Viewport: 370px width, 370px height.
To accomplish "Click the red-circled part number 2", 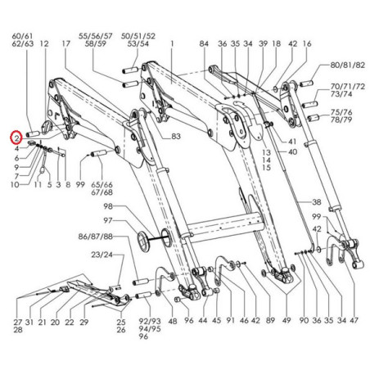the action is tap(16, 138).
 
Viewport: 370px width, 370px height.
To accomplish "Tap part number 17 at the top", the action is tap(66, 43).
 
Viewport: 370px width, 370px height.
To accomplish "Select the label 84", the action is tap(204, 43).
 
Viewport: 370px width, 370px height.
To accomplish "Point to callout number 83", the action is tap(176, 136).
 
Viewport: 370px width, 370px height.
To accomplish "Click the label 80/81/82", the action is tap(347, 65).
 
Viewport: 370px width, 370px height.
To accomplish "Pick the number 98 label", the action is tap(108, 206).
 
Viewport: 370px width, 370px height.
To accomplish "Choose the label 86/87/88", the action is tap(96, 237).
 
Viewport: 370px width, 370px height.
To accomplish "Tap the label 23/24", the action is tap(102, 255).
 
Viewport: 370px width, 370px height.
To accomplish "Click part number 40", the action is tap(292, 151).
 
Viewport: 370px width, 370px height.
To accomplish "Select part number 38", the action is tap(317, 202).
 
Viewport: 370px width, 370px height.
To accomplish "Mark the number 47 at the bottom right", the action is tap(354, 320).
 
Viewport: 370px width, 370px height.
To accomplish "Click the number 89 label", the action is tap(270, 320).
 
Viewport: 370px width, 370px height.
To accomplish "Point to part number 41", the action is tap(292, 142).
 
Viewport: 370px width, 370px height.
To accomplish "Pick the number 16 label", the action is tap(307, 43).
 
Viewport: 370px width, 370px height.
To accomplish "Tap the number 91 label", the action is tap(231, 320).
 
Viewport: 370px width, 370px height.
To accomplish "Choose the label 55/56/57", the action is tap(96, 36).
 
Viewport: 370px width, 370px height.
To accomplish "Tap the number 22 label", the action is tap(70, 322).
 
